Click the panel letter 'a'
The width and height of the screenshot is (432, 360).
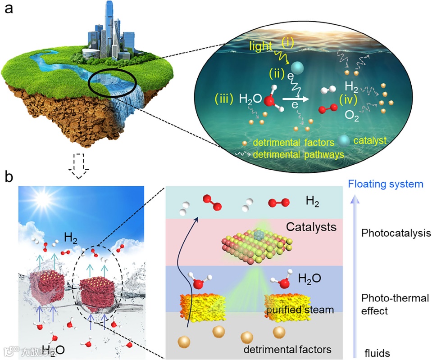coord(9,9)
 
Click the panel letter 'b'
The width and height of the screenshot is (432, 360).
coord(9,177)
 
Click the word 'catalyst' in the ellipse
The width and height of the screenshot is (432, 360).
coord(370,141)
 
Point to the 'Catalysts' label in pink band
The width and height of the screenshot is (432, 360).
coord(311,227)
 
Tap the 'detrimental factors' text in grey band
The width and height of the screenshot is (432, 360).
coord(287,349)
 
